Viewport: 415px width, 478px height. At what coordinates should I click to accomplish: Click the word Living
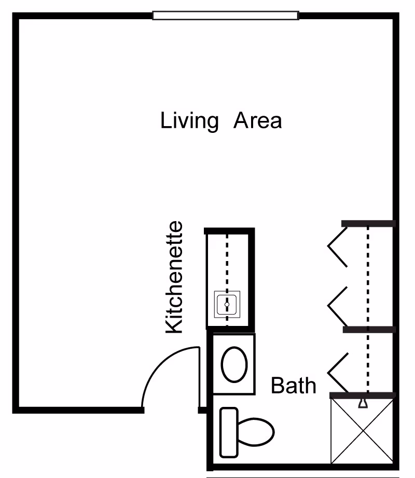click(189, 121)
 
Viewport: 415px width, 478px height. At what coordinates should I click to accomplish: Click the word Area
click(258, 120)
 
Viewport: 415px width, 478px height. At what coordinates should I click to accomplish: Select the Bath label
click(294, 386)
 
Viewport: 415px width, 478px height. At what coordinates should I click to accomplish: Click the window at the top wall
click(225, 16)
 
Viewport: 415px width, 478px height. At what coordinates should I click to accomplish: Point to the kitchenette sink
click(227, 304)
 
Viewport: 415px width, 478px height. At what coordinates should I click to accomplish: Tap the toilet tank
click(229, 432)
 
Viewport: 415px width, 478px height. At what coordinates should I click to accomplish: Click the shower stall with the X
click(362, 431)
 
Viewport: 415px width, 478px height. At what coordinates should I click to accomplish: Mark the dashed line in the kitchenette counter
click(227, 265)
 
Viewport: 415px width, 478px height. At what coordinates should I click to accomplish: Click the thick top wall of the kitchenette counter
click(229, 230)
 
